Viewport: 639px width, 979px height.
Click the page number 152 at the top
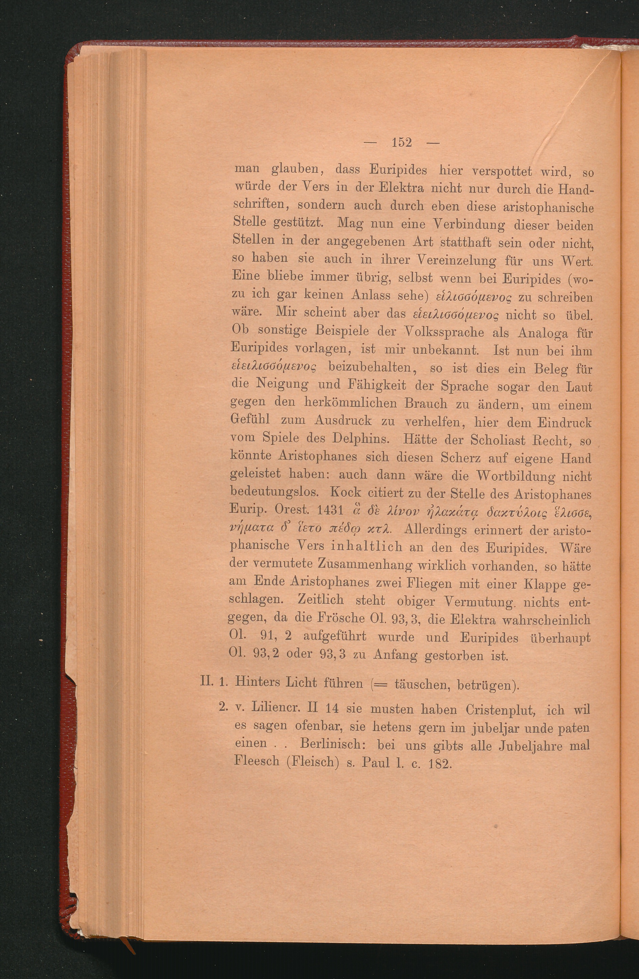click(402, 142)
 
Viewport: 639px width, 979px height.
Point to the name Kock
click(346, 493)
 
